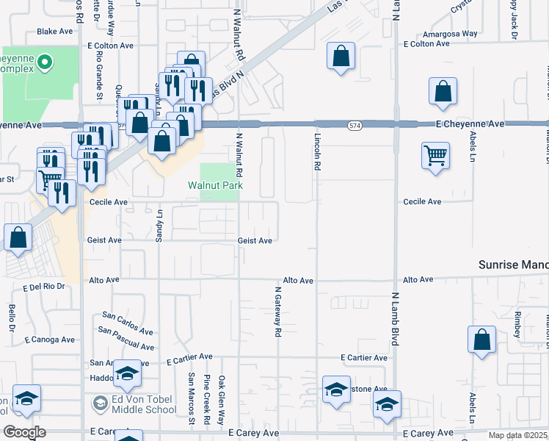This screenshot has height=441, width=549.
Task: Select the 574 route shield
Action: tap(355, 126)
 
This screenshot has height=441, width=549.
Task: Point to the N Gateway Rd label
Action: tap(278, 312)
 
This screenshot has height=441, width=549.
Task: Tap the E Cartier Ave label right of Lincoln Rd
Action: tap(364, 358)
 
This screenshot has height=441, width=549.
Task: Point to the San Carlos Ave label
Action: tap(127, 323)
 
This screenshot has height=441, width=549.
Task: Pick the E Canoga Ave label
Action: tap(50, 340)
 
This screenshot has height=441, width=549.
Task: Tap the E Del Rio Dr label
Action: tap(44, 287)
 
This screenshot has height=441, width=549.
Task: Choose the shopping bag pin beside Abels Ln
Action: tap(481, 340)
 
